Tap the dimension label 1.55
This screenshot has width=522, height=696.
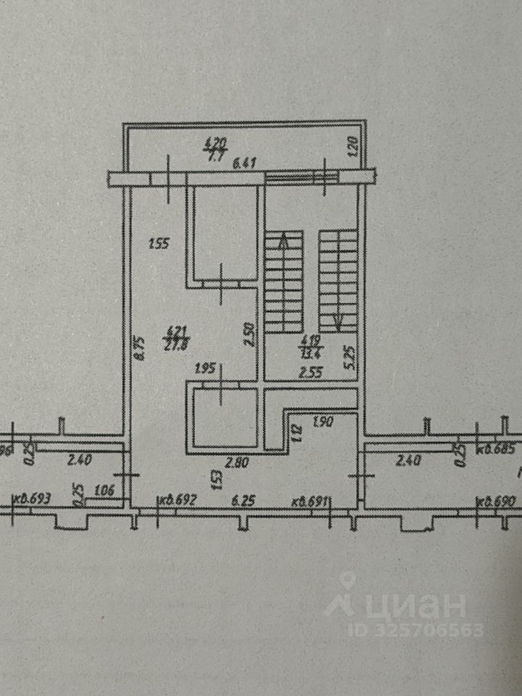[158, 244]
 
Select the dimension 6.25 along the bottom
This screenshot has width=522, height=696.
[237, 500]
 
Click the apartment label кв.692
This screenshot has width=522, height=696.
[178, 499]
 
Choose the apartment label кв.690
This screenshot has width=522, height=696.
[495, 501]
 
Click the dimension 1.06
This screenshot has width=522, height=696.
[105, 491]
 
